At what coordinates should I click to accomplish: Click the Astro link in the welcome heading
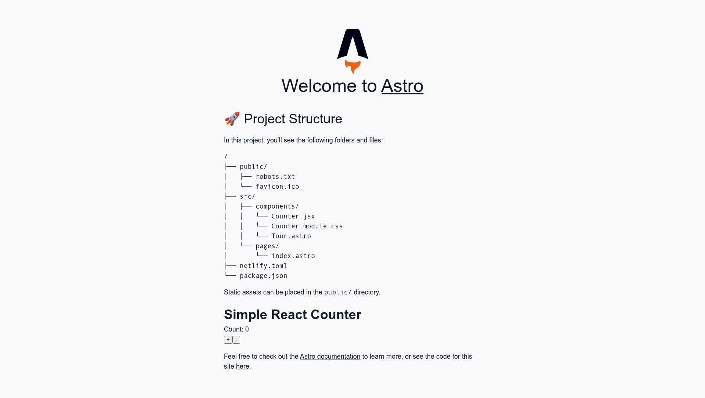(402, 86)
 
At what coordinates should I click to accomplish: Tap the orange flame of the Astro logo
(352, 66)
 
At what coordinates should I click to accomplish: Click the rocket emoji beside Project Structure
(232, 119)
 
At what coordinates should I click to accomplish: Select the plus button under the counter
(228, 340)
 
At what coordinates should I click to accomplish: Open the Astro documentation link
(330, 357)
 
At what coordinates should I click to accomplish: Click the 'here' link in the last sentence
(242, 366)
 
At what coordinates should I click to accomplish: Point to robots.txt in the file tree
(275, 177)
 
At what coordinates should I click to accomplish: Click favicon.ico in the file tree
(277, 187)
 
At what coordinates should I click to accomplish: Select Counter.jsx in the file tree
(293, 216)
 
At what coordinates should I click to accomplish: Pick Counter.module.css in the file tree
(307, 226)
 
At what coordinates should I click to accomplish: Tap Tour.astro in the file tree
(291, 236)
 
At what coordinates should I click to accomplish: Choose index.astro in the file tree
(293, 256)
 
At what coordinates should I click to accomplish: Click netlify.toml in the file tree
(263, 266)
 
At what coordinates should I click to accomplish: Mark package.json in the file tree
(263, 276)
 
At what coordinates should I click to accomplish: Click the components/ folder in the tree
(277, 206)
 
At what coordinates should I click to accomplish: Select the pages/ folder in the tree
(267, 246)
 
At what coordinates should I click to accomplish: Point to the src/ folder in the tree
(247, 196)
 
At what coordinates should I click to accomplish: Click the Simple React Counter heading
(293, 315)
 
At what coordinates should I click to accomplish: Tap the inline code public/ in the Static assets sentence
(338, 292)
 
